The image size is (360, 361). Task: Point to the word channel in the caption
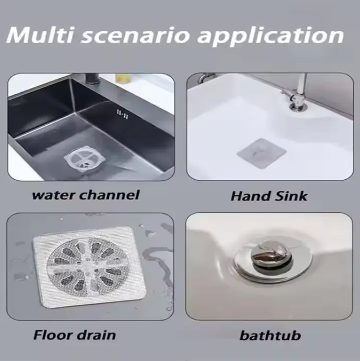click(112, 194)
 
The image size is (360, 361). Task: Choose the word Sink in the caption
click(290, 195)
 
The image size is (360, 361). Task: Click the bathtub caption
click(270, 336)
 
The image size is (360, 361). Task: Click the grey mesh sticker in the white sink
click(261, 153)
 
